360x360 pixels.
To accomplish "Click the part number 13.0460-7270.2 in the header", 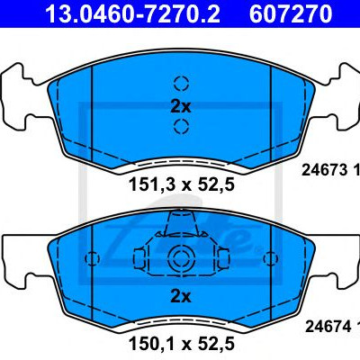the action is coord(132,13).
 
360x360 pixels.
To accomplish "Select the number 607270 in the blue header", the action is coord(291,13).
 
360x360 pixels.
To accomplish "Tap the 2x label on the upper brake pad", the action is coord(180,106).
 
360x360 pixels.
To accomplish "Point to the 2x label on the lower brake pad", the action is coord(180,296).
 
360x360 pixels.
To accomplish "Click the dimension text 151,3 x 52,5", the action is coord(182,184).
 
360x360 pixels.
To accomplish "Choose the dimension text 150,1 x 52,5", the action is coord(182,343).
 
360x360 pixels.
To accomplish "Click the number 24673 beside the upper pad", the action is coord(324,170).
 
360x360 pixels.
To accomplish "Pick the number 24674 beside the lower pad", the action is coord(328,326).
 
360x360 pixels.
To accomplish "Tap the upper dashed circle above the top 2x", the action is coord(181,83).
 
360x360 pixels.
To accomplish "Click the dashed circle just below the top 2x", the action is coord(181,126).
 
